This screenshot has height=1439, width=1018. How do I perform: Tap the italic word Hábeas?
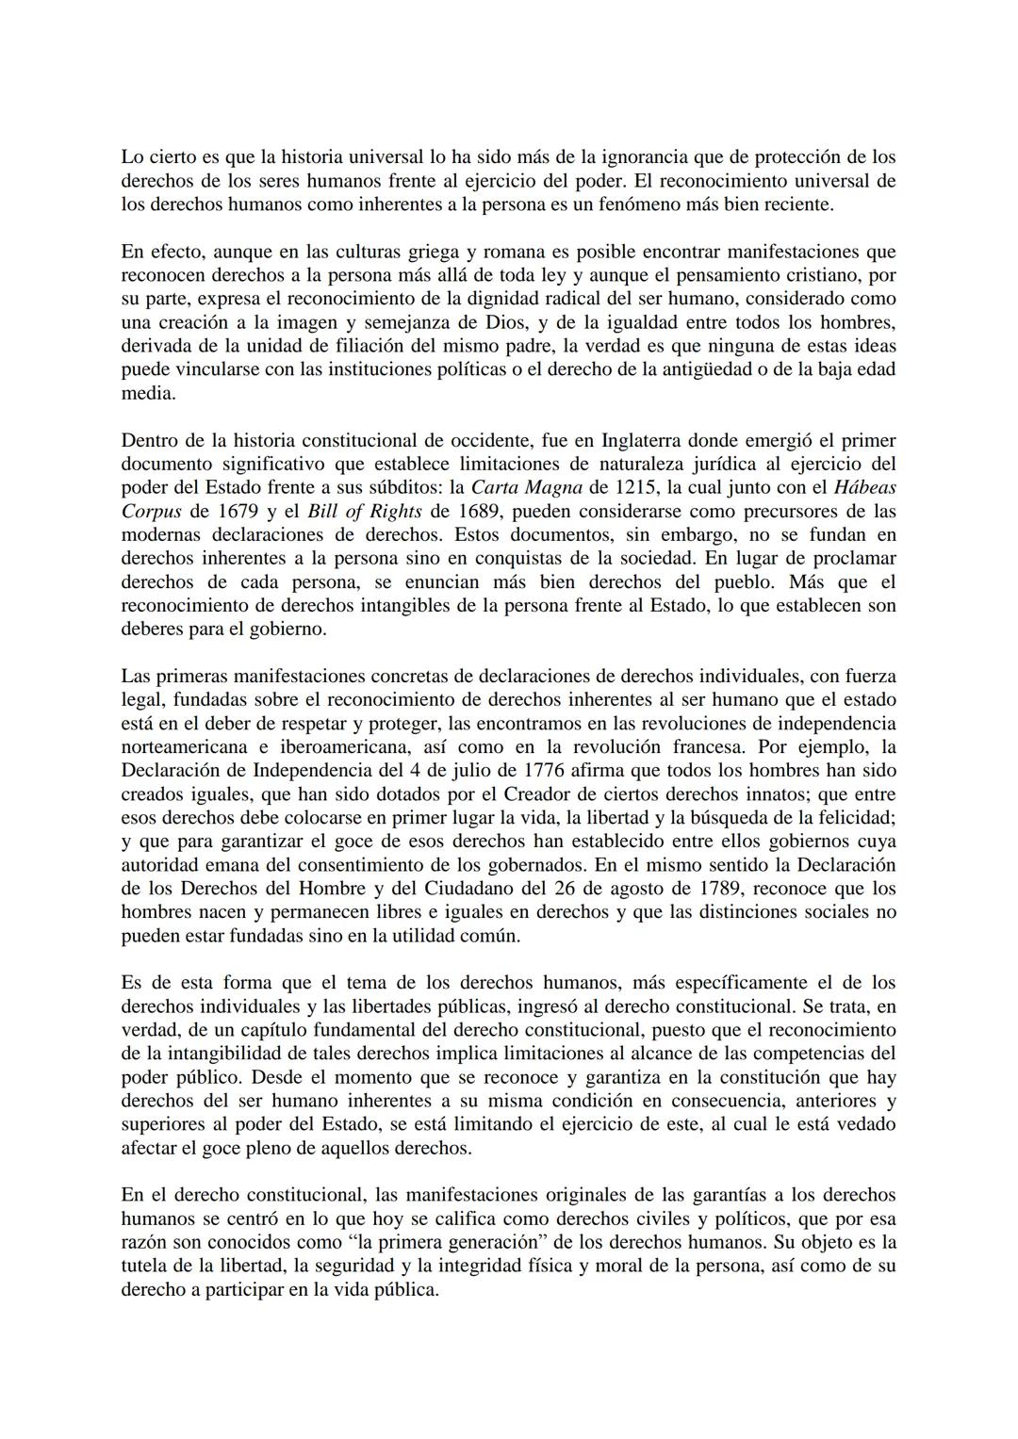(865, 487)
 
